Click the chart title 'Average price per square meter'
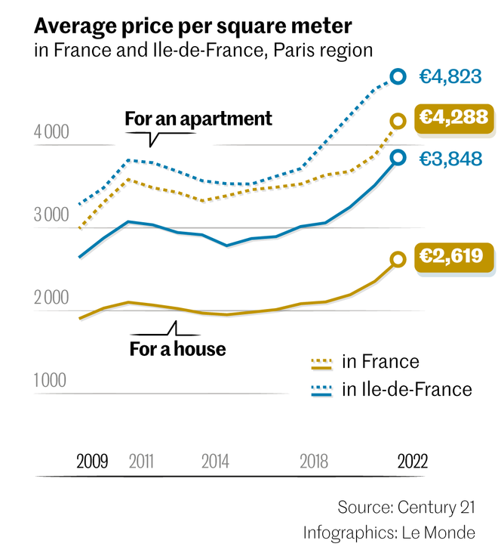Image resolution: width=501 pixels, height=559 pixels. coord(192,27)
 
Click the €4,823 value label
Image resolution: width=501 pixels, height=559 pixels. coord(450,76)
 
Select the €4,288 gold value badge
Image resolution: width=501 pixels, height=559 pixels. coord(454,118)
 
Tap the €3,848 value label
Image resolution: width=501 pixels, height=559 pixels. coord(450,158)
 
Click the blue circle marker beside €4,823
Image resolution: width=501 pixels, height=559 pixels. coord(398,76)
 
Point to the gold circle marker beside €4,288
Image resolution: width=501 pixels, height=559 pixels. coord(398,121)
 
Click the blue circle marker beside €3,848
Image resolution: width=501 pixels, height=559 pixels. coord(398,157)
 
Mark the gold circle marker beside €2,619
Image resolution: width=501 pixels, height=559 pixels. coord(398,259)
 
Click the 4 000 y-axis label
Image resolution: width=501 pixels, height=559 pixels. coord(51,133)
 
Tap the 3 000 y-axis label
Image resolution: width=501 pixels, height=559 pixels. coord(51,216)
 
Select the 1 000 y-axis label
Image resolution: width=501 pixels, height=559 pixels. coord(51,380)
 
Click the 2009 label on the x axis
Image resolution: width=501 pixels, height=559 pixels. coord(92,462)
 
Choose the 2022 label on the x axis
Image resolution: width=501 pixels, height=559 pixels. coord(413,462)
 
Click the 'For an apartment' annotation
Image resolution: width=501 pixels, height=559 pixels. coord(198,119)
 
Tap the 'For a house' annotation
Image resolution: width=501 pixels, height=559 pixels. coord(177,349)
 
